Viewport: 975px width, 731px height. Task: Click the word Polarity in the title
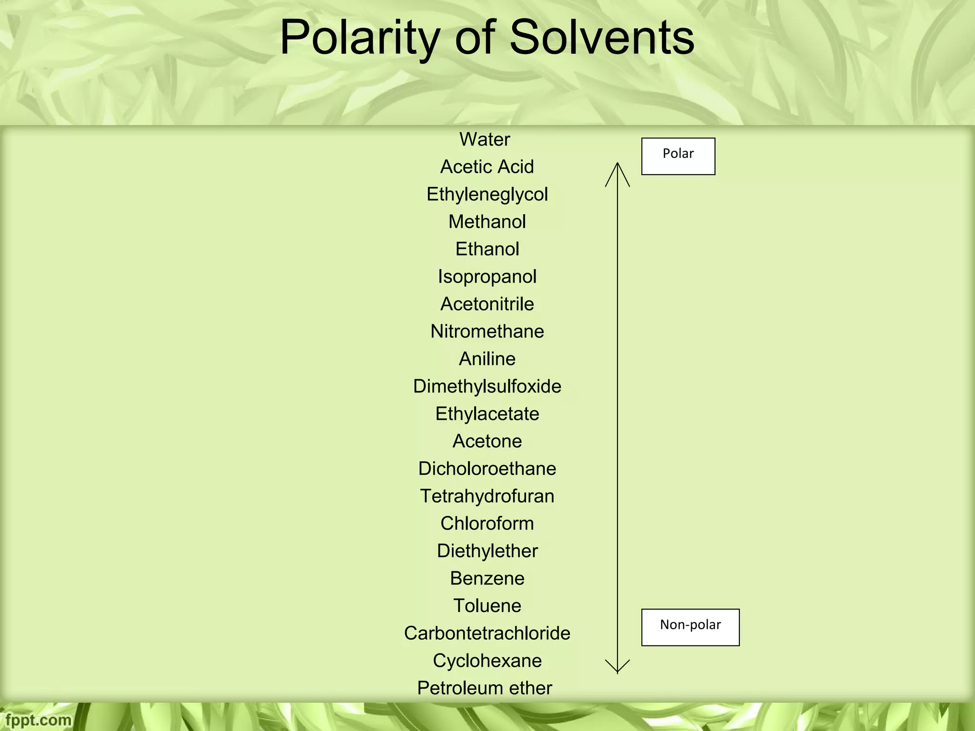point(359,38)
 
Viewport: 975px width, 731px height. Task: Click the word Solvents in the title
point(602,38)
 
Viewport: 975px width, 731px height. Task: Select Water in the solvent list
point(485,139)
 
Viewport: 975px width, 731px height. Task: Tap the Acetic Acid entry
point(487,167)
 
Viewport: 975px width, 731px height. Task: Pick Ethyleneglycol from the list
point(487,195)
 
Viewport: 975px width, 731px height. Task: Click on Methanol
point(487,222)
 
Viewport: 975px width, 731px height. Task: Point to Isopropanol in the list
point(487,277)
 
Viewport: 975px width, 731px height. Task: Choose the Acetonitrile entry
point(487,304)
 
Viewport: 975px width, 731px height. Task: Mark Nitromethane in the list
point(487,332)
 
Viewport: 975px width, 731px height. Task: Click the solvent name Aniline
point(487,359)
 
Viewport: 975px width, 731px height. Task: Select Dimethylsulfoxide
point(487,386)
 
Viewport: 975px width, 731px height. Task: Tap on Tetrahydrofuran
point(487,496)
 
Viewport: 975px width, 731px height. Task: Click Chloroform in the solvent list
point(487,524)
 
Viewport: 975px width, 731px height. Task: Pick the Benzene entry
point(487,579)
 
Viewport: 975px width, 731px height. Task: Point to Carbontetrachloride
point(487,633)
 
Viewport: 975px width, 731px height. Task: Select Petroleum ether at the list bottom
point(485,688)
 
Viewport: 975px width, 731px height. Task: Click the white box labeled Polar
point(678,156)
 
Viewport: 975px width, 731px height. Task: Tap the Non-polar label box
point(690,627)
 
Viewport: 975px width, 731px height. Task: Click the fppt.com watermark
point(38,720)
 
